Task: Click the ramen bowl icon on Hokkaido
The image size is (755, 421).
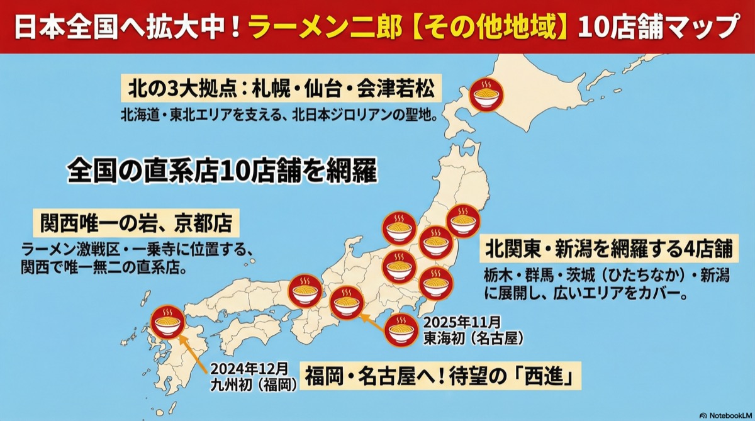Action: (x=485, y=96)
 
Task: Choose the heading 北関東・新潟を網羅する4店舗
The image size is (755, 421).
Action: (x=608, y=249)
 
